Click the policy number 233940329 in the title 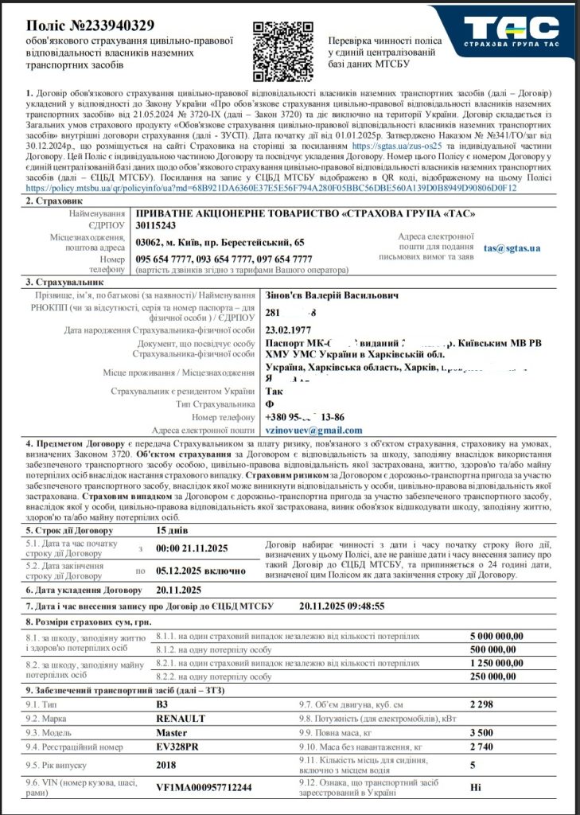[115, 26]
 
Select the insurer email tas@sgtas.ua [512, 248]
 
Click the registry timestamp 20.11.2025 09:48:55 [341, 606]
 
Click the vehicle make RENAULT [181, 718]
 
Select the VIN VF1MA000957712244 [204, 787]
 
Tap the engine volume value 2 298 [483, 704]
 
